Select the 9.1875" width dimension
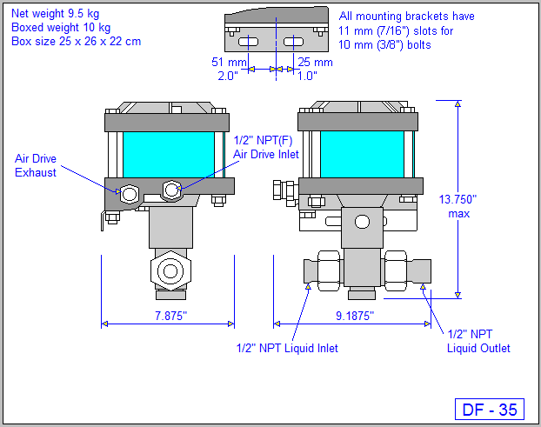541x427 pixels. [354, 317]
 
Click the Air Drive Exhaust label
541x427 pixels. [36, 165]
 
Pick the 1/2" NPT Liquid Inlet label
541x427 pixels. [287, 348]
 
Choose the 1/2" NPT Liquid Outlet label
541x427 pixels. [478, 341]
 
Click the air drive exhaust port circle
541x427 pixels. [130, 193]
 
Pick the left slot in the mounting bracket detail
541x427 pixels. [249, 42]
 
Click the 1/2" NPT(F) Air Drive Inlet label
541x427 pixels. [265, 147]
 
